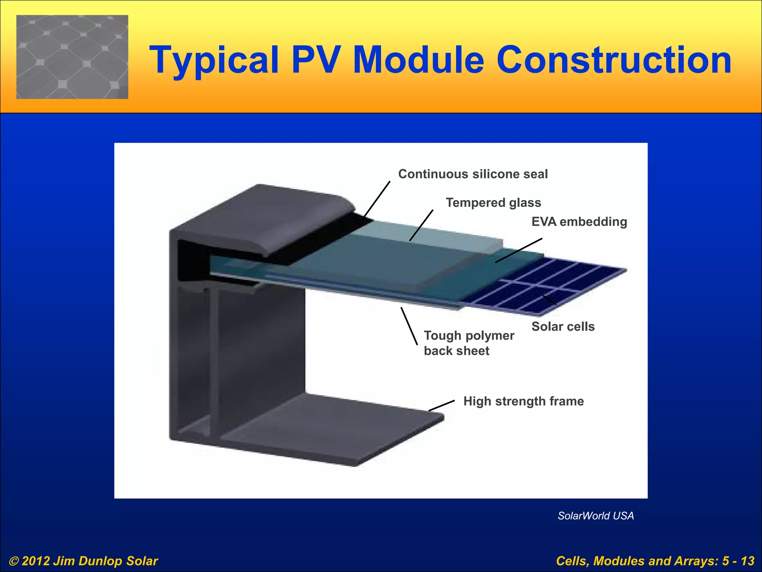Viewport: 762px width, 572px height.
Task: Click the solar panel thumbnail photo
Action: (72, 57)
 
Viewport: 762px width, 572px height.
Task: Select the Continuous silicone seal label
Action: (473, 174)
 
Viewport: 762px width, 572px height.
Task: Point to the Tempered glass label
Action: (493, 203)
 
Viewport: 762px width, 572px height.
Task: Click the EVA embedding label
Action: (579, 222)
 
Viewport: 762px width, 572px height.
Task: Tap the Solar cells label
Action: (563, 327)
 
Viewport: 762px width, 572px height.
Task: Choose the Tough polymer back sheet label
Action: (469, 343)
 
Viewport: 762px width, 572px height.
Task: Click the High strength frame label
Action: (523, 401)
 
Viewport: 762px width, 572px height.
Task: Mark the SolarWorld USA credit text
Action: (595, 516)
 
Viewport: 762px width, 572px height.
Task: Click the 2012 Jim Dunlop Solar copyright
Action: (84, 561)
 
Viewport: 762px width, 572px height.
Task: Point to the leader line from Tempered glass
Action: (422, 225)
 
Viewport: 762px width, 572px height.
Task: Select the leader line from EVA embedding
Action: (519, 250)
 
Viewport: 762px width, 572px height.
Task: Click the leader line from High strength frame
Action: (442, 406)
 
